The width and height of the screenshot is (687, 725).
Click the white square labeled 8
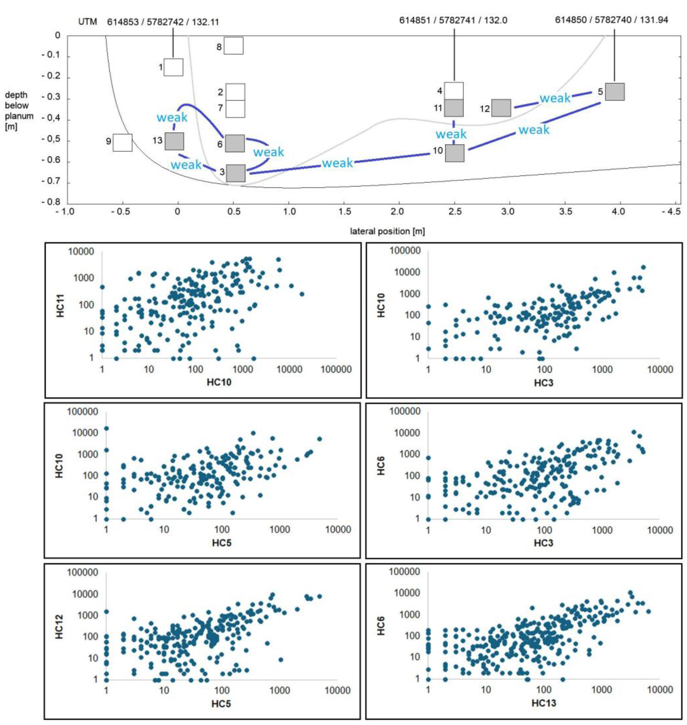point(233,46)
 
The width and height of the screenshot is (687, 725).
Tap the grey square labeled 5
point(615,92)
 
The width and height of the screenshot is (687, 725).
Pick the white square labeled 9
point(122,142)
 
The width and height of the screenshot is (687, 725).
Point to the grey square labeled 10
point(455,153)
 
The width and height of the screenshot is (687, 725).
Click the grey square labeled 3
point(236,173)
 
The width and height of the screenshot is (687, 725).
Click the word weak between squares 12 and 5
point(554,98)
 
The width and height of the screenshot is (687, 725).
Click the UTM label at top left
point(88,22)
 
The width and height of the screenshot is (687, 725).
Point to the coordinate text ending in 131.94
point(611,20)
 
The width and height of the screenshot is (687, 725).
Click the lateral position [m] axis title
point(387,231)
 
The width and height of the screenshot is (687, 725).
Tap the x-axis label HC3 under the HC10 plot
point(543,383)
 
